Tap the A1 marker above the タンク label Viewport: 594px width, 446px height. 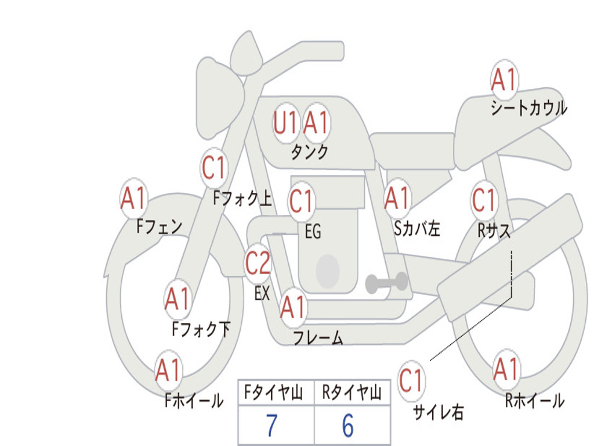[x=316, y=123]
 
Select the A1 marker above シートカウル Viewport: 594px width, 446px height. [x=504, y=80]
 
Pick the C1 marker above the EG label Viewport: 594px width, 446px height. [x=301, y=201]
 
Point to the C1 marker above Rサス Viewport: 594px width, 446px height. [x=484, y=200]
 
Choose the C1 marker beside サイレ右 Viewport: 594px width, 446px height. [x=411, y=380]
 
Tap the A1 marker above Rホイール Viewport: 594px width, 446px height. [x=506, y=369]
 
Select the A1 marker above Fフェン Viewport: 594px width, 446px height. [x=133, y=198]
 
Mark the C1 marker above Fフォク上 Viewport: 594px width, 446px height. [x=213, y=168]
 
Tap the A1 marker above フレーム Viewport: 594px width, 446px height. [x=292, y=307]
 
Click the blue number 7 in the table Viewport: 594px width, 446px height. [x=271, y=426]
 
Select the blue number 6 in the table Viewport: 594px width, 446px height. [x=348, y=426]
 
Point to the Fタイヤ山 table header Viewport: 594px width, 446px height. [x=274, y=393]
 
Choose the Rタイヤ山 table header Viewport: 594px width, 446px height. [x=352, y=393]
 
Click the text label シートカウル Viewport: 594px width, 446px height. [x=529, y=107]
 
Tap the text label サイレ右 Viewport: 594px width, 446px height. [x=439, y=412]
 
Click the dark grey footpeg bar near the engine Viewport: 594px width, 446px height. [x=386, y=283]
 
